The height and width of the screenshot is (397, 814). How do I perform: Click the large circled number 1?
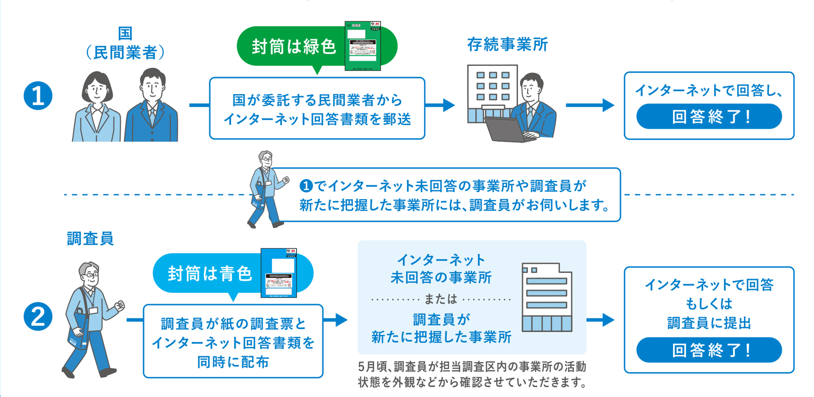click(x=38, y=96)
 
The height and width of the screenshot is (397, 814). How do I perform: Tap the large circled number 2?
click(x=38, y=317)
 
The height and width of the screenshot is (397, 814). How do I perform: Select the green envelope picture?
click(x=363, y=46)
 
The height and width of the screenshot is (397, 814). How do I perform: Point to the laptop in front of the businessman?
click(x=506, y=129)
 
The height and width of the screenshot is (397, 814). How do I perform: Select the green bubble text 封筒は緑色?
click(x=294, y=47)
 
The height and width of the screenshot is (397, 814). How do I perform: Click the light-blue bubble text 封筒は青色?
click(x=210, y=273)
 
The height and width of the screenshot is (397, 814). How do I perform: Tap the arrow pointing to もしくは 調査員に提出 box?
click(x=600, y=320)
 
